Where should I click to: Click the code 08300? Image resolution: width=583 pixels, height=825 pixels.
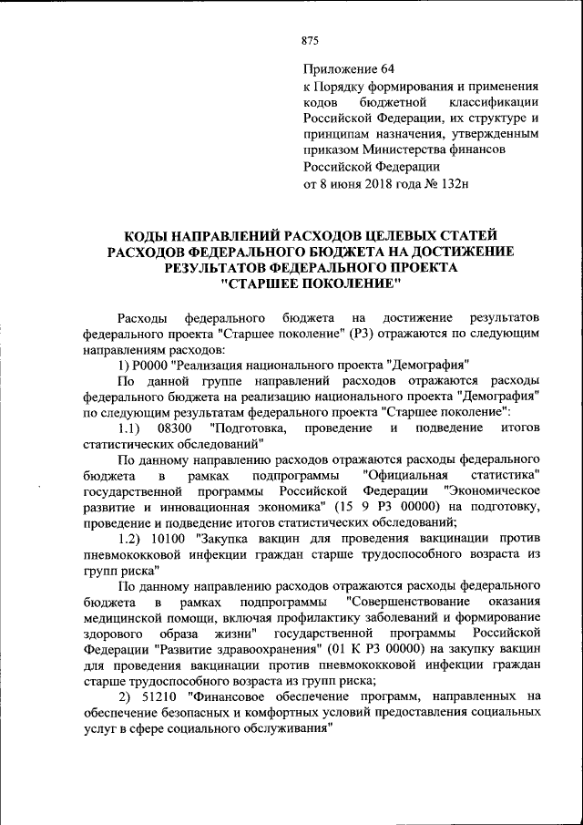175,428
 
